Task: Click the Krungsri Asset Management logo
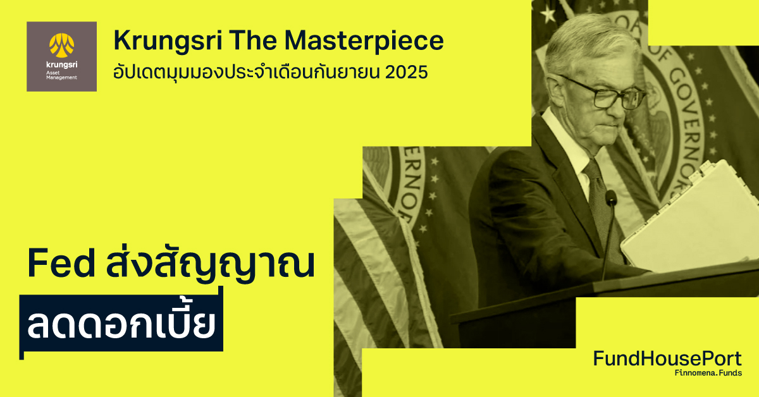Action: [x=61, y=56]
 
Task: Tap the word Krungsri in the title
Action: [x=166, y=41]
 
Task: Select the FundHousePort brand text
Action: [x=667, y=359]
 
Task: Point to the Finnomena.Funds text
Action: [x=708, y=374]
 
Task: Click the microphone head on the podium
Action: [x=611, y=198]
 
